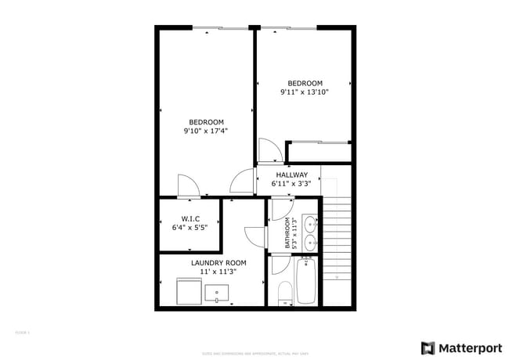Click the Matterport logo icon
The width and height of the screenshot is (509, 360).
[428, 347]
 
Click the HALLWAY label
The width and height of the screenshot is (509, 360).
[291, 175]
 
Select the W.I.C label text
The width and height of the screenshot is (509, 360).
[190, 218]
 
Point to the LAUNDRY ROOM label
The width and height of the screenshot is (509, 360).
[218, 263]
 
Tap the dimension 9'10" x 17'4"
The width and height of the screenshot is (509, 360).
[206, 131]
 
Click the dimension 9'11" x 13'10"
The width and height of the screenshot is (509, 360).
[305, 92]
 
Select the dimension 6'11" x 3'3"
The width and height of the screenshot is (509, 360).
[291, 184]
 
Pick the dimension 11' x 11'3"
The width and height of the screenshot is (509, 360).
[218, 272]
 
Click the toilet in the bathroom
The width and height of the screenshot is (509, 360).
[284, 294]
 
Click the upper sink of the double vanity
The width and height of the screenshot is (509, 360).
[309, 223]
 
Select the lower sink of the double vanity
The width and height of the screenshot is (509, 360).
[309, 242]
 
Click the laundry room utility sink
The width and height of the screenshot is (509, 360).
[217, 293]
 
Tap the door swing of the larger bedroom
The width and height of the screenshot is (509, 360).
[189, 185]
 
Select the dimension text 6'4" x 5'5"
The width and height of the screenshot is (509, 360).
[190, 228]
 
